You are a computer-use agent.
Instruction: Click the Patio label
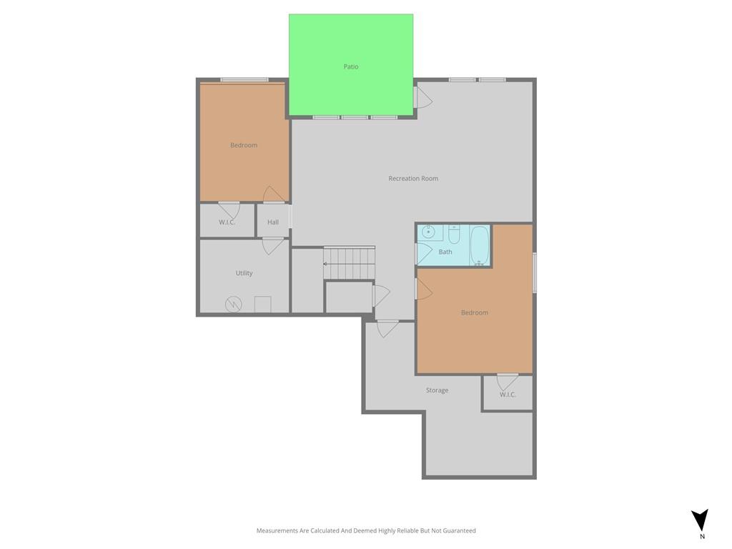(350, 66)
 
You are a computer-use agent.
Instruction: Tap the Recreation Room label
(413, 178)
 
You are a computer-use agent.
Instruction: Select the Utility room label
(244, 273)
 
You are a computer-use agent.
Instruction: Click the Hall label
(273, 222)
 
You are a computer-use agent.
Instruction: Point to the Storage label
(437, 390)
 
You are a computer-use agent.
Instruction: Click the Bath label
(445, 252)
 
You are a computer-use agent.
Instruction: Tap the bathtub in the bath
(480, 246)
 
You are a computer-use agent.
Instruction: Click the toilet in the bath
(454, 234)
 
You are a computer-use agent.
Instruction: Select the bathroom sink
(429, 231)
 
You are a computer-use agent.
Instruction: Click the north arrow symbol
(700, 520)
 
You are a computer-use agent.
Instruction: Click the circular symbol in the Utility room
(234, 305)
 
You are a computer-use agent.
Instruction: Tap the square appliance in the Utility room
(263, 305)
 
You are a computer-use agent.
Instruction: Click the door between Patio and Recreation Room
(422, 97)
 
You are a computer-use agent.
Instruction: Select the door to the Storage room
(388, 329)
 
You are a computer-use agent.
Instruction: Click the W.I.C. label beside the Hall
(227, 222)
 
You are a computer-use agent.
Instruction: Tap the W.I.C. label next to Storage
(508, 395)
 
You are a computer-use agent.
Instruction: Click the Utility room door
(273, 246)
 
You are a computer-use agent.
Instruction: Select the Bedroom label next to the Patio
(244, 145)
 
